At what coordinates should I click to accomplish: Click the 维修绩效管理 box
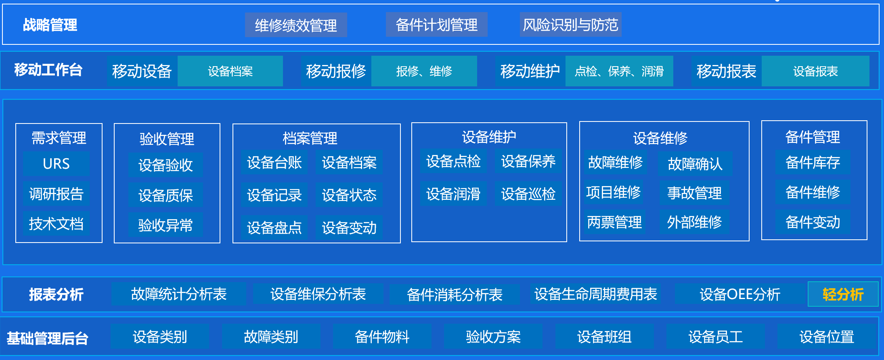[296, 25]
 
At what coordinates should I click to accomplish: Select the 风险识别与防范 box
[570, 25]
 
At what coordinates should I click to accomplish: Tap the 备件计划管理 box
[437, 25]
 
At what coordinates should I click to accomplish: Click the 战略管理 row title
[50, 25]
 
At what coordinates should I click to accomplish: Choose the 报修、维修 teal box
[424, 71]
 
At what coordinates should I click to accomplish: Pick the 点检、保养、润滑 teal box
[619, 71]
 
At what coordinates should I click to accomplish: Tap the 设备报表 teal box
[815, 71]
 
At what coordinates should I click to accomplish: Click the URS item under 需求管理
[56, 163]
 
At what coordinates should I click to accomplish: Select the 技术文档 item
[56, 223]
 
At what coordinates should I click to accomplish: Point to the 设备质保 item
[165, 195]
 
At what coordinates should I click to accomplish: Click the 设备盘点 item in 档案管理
[274, 228]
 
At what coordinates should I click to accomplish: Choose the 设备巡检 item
[528, 194]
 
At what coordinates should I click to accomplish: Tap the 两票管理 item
[614, 222]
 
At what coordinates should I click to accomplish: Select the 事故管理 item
[694, 193]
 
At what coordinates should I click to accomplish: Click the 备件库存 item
[813, 162]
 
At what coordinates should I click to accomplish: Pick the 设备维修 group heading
[660, 138]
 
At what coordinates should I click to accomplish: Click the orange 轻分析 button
[843, 294]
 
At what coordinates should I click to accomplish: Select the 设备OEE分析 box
[740, 294]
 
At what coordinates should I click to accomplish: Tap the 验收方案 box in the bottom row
[493, 336]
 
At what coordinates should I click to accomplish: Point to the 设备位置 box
[827, 336]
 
